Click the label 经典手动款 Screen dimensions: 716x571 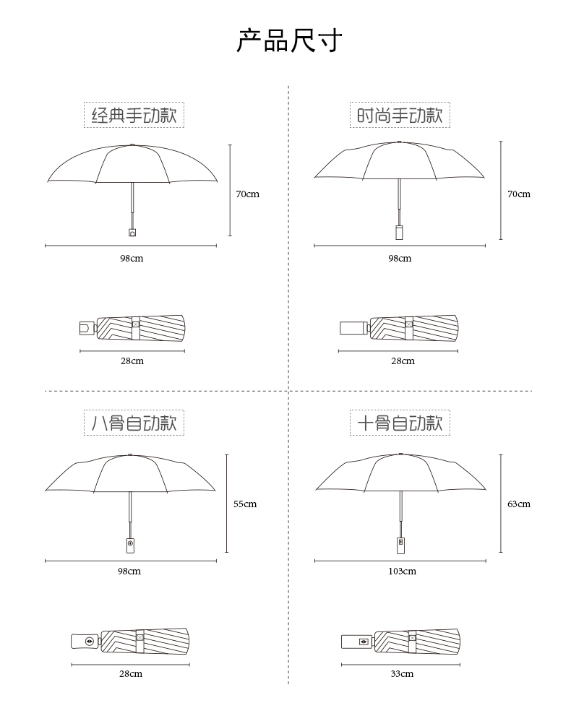point(134,115)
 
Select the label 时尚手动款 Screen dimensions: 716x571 point(400,115)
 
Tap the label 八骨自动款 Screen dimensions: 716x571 point(134,423)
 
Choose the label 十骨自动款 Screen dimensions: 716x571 point(400,423)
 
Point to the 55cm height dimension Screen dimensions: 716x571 point(245,504)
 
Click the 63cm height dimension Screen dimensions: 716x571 point(518,504)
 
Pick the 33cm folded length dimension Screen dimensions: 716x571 point(402,674)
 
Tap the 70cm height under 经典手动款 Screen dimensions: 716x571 point(247,194)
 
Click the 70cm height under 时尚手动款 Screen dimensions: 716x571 point(518,194)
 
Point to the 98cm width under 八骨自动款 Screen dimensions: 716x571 point(129,571)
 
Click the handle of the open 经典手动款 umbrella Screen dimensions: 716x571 point(132,232)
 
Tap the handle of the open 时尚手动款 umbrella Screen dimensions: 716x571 point(399,232)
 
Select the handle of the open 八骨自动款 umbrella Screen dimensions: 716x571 point(130,543)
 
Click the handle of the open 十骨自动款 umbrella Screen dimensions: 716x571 point(400,543)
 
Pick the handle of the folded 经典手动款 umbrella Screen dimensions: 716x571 point(87,328)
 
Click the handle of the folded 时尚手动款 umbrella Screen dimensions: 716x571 point(353,328)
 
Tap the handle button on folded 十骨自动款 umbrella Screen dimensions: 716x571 point(363,641)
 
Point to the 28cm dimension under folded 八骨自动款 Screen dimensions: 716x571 point(131,674)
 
